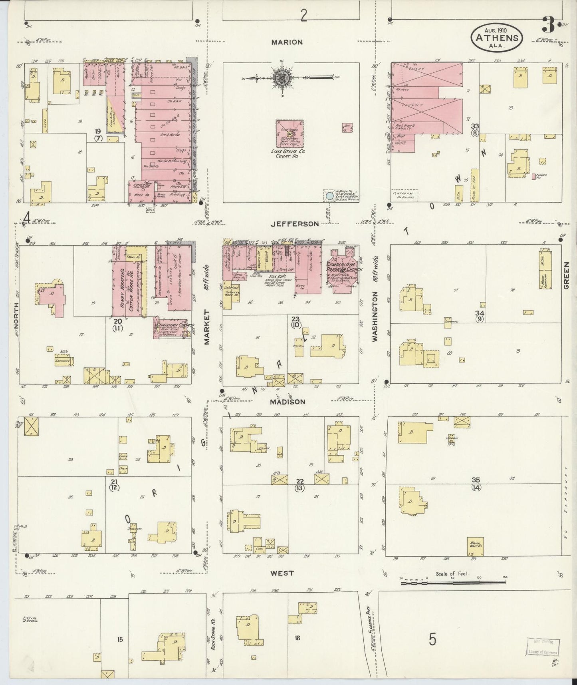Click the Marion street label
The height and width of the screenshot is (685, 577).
[287, 42]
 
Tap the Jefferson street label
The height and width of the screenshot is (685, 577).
[295, 224]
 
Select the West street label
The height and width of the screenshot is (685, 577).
[282, 573]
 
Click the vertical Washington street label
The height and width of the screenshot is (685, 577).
[375, 317]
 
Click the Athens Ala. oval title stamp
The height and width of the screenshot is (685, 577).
[497, 38]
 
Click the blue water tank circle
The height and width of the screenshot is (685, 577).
[329, 196]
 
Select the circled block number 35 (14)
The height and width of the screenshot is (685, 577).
[476, 483]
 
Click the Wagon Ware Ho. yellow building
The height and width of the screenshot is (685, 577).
[475, 546]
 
